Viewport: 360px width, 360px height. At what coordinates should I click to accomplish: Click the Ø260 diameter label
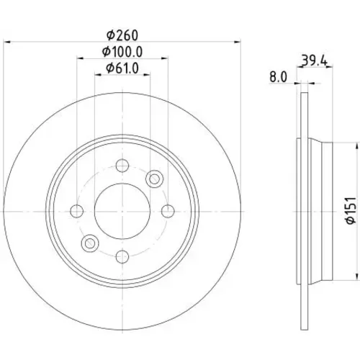coord(122,35)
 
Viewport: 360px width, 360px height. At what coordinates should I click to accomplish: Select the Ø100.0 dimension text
coord(122,52)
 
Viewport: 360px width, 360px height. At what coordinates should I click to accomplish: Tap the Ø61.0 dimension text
coord(122,68)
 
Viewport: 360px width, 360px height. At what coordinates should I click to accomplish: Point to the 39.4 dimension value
coord(315,60)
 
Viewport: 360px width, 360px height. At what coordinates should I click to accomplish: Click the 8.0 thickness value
coord(278,77)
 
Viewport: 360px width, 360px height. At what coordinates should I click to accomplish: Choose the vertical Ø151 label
coord(351,210)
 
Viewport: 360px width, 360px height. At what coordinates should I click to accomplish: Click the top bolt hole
coord(122,166)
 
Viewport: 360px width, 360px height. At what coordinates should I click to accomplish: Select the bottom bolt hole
coord(122,256)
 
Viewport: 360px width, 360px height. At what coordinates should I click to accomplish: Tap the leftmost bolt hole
coord(77,211)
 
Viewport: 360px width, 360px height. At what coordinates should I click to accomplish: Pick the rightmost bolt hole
coord(168,211)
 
